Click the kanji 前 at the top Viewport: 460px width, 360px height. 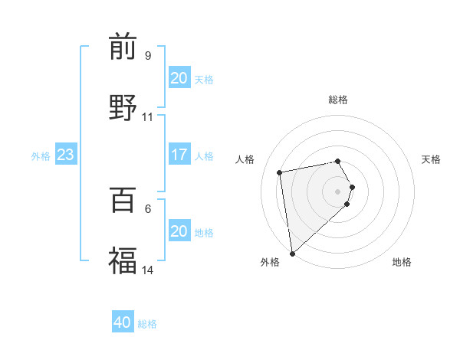123,47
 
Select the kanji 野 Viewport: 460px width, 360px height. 123,106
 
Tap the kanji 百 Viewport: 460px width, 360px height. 123,200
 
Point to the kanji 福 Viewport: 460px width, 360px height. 123,260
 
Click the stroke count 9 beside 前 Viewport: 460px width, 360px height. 148,56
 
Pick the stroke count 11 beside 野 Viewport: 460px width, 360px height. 148,117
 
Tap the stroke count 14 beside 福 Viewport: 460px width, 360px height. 148,270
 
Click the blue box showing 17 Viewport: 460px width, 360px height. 179,155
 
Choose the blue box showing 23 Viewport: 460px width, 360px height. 66,155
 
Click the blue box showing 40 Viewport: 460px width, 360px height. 123,322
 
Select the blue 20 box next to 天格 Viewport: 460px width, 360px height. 179,78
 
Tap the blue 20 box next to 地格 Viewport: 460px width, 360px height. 179,231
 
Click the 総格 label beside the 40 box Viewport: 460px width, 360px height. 147,324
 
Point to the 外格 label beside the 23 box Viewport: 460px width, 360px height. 41,156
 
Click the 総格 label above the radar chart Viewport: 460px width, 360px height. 338,100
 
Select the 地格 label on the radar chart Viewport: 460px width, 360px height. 402,262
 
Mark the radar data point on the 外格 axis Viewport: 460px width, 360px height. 292,253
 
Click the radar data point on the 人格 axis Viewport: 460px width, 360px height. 280,172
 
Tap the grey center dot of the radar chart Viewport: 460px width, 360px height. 338,191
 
